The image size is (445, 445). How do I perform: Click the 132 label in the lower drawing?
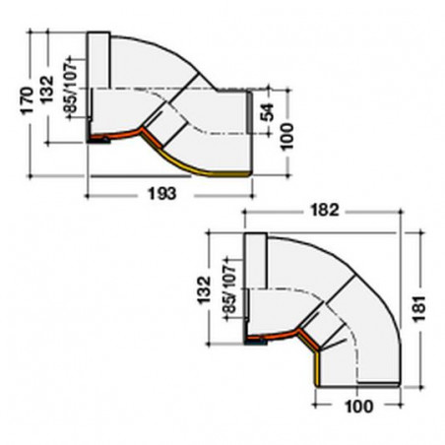pos(204,292)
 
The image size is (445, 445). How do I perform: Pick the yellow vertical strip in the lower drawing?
pos(317,369)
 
